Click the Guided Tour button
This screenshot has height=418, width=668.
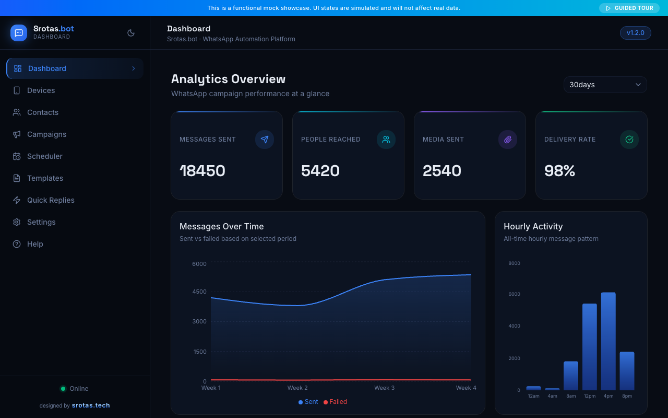[629, 8]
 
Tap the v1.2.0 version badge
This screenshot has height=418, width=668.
[635, 33]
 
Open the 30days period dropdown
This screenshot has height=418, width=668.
[605, 85]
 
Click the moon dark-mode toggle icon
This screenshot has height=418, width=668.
[131, 33]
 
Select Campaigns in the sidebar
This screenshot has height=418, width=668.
[46, 134]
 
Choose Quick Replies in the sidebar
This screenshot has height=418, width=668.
[51, 200]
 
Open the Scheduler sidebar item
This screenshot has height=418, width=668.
[44, 156]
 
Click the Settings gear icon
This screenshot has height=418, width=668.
[17, 222]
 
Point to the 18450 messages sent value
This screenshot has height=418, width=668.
[202, 171]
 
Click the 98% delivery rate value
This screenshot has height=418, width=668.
[559, 171]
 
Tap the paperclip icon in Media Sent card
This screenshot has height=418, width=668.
[508, 140]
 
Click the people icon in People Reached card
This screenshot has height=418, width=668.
[386, 140]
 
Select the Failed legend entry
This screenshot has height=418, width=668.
[335, 402]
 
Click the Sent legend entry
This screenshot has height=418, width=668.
[308, 402]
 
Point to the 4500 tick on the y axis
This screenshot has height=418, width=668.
[199, 292]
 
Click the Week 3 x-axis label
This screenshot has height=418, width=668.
[384, 388]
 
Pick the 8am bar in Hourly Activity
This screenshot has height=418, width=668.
[571, 376]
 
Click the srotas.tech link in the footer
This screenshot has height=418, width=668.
[91, 405]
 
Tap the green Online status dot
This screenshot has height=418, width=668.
[63, 389]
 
